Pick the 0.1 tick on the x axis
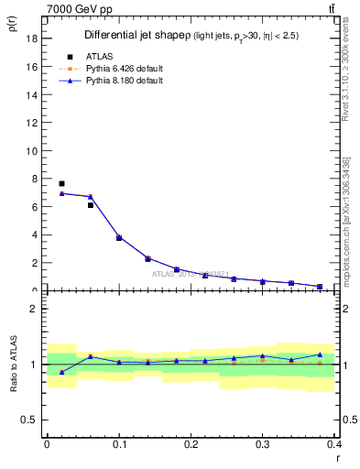click(119, 444)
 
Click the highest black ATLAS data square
click(61, 184)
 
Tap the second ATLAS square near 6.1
click(91, 205)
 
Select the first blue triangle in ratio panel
click(61, 372)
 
